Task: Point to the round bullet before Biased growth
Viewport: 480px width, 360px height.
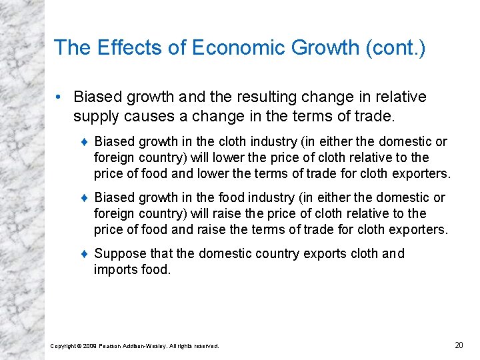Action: point(60,97)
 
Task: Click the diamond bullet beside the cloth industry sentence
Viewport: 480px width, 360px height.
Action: point(85,142)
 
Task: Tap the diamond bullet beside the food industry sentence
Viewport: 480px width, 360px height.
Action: point(85,198)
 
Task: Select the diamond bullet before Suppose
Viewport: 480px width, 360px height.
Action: point(85,254)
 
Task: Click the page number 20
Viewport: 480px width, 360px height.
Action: point(458,345)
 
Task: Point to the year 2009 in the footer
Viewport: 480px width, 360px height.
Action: point(89,346)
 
